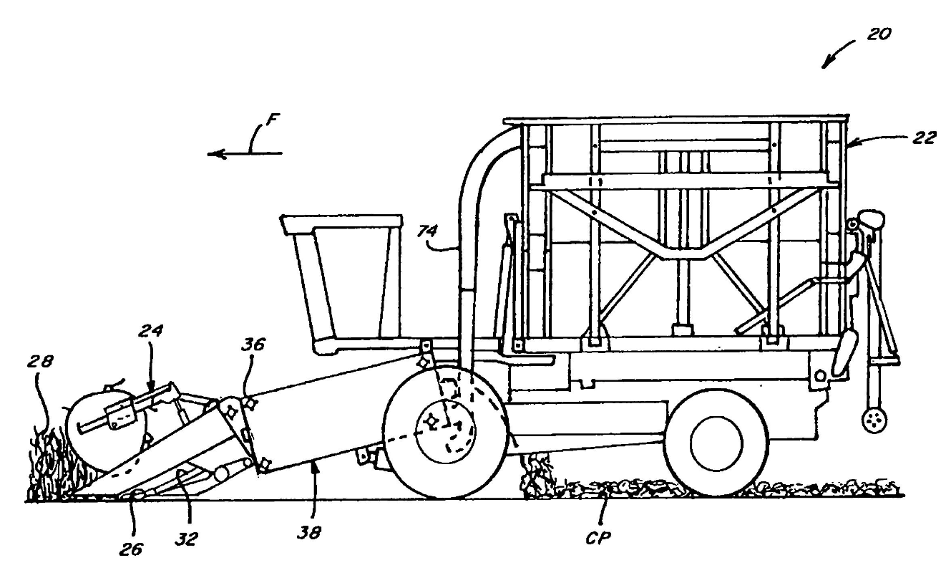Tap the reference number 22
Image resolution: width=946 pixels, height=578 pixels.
922,139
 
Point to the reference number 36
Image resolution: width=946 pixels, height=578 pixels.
253,345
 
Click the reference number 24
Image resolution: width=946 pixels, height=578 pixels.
151,332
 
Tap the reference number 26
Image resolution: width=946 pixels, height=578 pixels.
132,549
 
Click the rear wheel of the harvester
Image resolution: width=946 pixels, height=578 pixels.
716,443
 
